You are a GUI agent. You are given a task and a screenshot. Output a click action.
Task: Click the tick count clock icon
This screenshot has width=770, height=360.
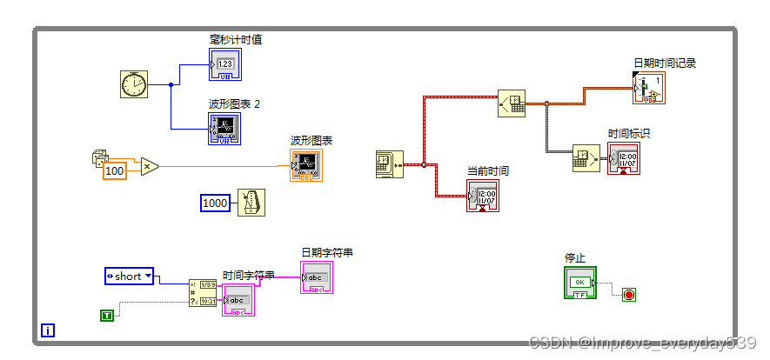point(134,84)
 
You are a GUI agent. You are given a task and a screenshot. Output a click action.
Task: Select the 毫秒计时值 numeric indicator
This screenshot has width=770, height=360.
point(224,64)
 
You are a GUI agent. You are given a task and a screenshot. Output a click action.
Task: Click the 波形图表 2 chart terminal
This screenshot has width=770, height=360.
point(224,129)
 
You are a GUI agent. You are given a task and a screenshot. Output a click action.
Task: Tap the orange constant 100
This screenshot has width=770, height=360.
point(114,170)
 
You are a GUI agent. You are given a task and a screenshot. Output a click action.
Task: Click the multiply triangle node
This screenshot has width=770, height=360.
point(150,166)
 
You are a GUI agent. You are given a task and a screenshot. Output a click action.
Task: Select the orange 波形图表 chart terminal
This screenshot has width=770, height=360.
point(306,165)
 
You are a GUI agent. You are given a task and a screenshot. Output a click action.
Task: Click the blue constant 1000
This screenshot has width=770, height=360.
point(214,203)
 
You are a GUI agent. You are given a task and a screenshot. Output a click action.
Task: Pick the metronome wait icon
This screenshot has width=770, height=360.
point(251,203)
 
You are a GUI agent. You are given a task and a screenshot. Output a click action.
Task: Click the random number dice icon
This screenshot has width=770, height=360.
point(97,157)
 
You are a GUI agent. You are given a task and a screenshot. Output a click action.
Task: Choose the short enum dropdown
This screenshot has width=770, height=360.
point(129,277)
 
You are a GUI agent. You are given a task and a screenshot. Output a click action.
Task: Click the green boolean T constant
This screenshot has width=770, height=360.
point(107,315)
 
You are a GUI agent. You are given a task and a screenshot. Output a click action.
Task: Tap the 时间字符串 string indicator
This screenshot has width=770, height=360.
point(238,300)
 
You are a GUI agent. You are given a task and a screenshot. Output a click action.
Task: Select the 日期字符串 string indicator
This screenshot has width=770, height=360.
point(317,277)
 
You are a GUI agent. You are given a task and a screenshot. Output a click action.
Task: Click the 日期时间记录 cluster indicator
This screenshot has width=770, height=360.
point(648,88)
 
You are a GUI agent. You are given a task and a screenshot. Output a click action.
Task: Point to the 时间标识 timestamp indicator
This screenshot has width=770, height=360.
point(623,157)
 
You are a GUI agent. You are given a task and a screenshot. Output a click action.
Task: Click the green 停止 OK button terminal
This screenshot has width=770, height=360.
point(580,283)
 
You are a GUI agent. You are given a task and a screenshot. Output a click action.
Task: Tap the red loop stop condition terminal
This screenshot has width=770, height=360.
point(629,295)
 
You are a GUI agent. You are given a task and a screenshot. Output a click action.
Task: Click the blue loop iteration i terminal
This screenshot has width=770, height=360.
point(48,330)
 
